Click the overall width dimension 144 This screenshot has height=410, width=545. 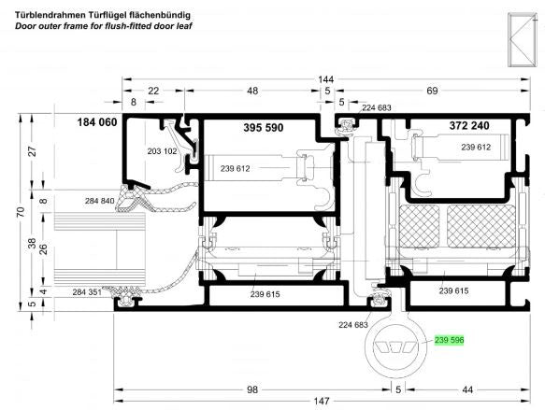(x=325, y=79)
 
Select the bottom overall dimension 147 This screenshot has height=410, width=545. (x=322, y=401)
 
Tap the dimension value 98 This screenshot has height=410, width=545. (x=252, y=389)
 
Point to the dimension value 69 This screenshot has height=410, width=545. (x=432, y=91)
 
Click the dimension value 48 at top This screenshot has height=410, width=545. (x=252, y=91)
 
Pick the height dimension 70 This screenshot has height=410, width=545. (x=22, y=212)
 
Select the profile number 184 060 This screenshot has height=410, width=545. (x=97, y=122)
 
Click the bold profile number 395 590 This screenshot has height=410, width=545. (x=263, y=128)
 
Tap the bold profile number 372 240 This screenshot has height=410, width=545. (x=469, y=125)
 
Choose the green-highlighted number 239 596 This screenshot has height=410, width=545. (x=449, y=340)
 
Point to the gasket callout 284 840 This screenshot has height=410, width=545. (x=99, y=201)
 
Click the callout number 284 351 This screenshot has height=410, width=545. (x=87, y=292)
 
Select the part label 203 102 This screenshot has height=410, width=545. (x=162, y=151)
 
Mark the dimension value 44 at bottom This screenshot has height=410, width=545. (x=467, y=389)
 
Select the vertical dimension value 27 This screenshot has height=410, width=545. (x=33, y=151)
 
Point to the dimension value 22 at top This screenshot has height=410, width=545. (x=153, y=91)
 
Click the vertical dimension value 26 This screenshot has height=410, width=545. (x=43, y=249)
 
